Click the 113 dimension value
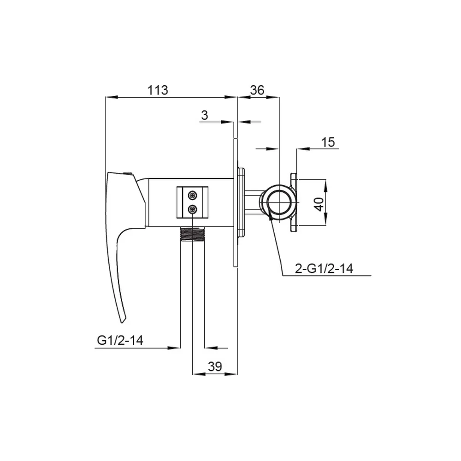click(158, 90)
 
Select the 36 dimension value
click(257, 90)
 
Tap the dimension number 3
click(205, 115)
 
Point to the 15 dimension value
click(328, 142)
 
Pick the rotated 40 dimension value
click(319, 204)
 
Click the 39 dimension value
click(215, 366)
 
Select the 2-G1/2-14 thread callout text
click(324, 268)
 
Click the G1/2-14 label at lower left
click(120, 340)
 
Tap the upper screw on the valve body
click(193, 195)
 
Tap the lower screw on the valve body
click(193, 209)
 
